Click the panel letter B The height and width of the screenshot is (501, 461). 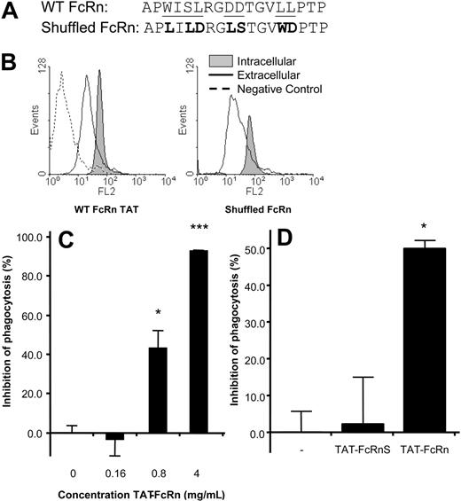pos(12,66)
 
